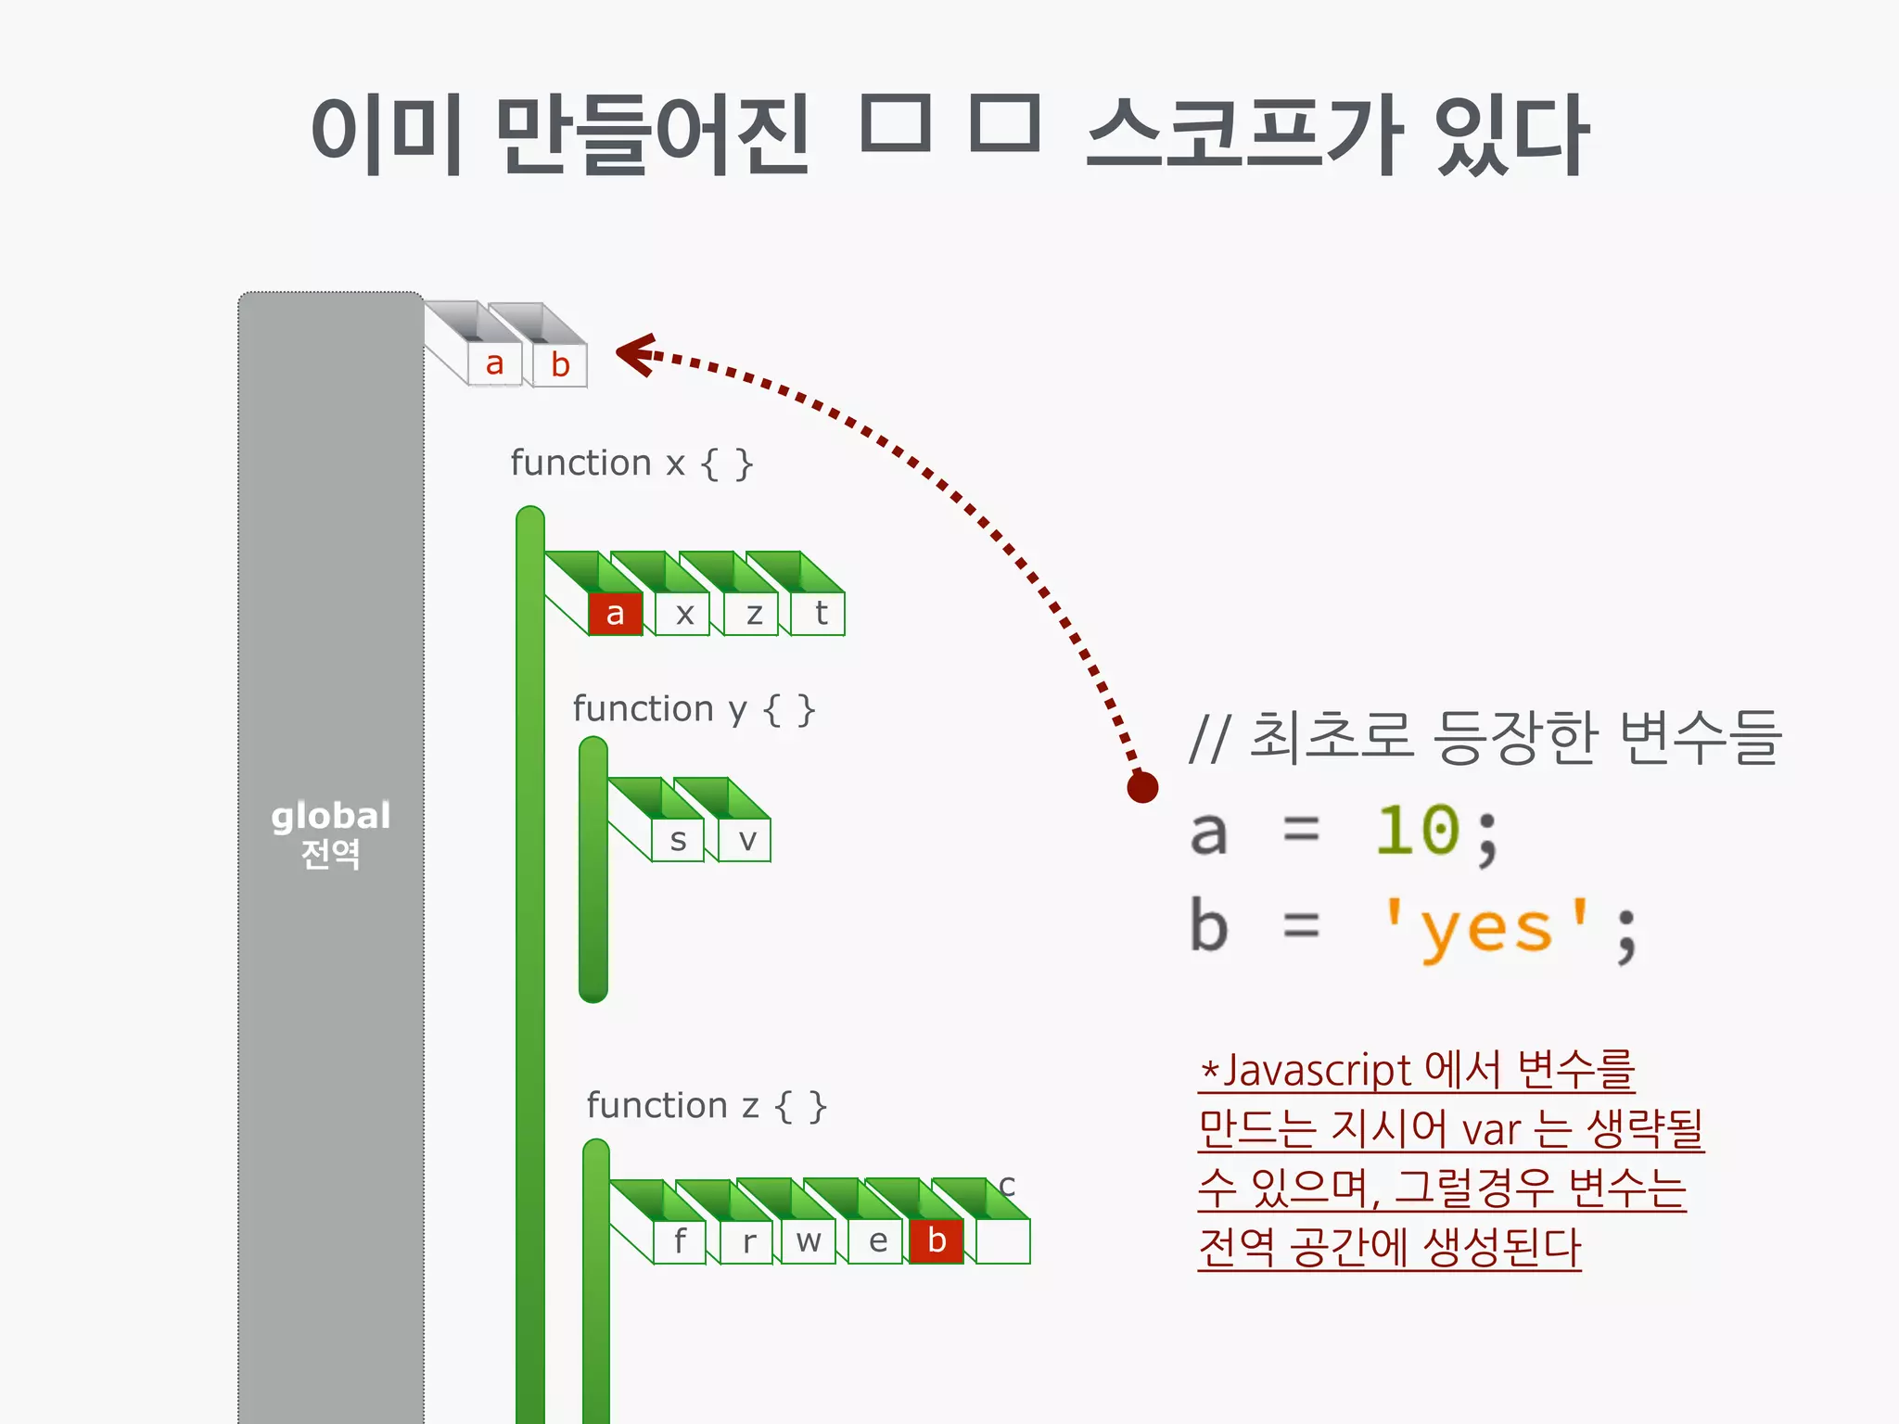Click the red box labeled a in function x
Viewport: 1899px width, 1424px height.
pyautogui.click(x=615, y=614)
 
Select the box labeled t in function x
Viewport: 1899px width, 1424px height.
pyautogui.click(x=819, y=614)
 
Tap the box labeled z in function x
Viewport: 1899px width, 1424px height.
pyautogui.click(x=752, y=614)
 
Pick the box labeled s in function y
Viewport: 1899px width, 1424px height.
pyautogui.click(x=678, y=841)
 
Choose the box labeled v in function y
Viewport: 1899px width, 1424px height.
pyautogui.click(x=746, y=841)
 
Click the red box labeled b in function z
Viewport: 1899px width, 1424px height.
pyautogui.click(x=937, y=1240)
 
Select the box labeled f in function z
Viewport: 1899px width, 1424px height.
pyautogui.click(x=680, y=1240)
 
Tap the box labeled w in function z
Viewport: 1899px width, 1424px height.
pyautogui.click(x=809, y=1240)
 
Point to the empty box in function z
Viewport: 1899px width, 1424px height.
pyautogui.click(x=1003, y=1240)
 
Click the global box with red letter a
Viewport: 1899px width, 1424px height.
pyautogui.click(x=494, y=364)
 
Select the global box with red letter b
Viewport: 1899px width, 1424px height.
pyautogui.click(x=560, y=365)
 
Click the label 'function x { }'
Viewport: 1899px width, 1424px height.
pyautogui.click(x=631, y=463)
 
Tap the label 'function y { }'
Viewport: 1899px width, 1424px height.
pyautogui.click(x=694, y=709)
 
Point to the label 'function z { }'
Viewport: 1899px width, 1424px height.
pyautogui.click(x=706, y=1106)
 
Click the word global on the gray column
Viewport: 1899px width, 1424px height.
pyautogui.click(x=330, y=816)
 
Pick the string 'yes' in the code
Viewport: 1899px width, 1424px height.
pyautogui.click(x=1486, y=928)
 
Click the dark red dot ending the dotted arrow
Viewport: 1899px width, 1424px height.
pyautogui.click(x=1142, y=787)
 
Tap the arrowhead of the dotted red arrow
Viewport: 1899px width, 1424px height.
pyautogui.click(x=636, y=354)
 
